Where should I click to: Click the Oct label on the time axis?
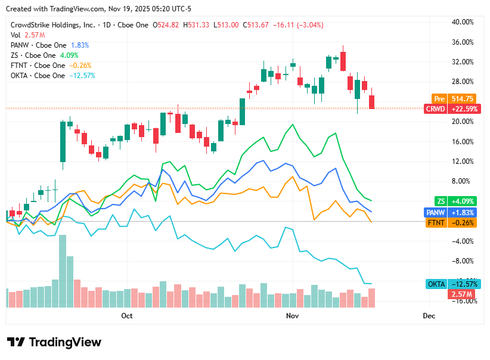pyautogui.click(x=126, y=315)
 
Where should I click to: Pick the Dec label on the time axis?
pyautogui.click(x=429, y=315)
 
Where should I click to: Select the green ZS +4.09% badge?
pyautogui.click(x=450, y=201)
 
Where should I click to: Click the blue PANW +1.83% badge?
pyautogui.click(x=450, y=212)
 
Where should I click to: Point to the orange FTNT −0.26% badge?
pyautogui.click(x=450, y=222)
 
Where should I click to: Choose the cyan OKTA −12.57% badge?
pyautogui.click(x=450, y=284)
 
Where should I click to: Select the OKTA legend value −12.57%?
pyautogui.click(x=82, y=76)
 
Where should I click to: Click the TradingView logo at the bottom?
pyautogui.click(x=54, y=342)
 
